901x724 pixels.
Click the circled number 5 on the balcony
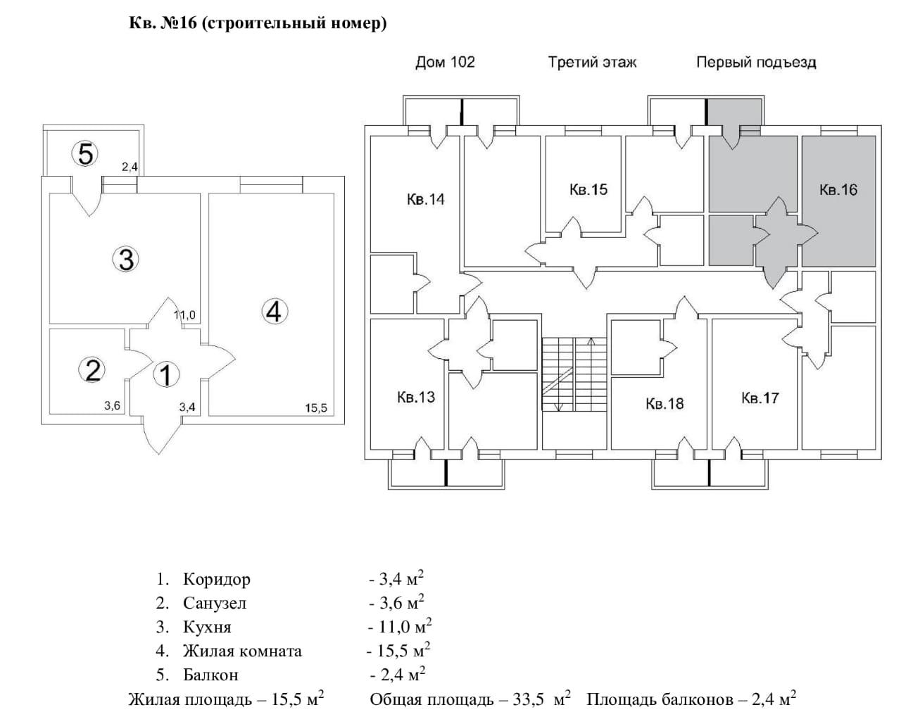point(85,154)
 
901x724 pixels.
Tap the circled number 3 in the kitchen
point(126,260)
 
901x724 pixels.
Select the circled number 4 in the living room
point(275,312)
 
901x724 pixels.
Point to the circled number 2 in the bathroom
point(92,370)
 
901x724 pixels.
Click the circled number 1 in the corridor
point(167,374)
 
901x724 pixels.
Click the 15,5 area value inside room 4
point(316,407)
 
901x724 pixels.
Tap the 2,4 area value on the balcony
point(130,167)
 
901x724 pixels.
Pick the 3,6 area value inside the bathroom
point(112,405)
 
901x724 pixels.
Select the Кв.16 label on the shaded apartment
point(838,189)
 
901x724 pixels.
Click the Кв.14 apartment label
point(425,199)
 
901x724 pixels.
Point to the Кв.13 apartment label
point(416,397)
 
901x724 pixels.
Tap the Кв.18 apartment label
point(664,403)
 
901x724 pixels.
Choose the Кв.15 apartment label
point(588,189)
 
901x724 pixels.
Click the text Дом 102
point(445,63)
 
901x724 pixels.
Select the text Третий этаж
point(593,63)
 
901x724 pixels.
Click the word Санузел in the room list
point(215,604)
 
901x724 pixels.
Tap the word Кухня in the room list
point(207,628)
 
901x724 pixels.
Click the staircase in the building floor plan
point(574,374)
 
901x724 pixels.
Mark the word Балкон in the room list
point(210,675)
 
